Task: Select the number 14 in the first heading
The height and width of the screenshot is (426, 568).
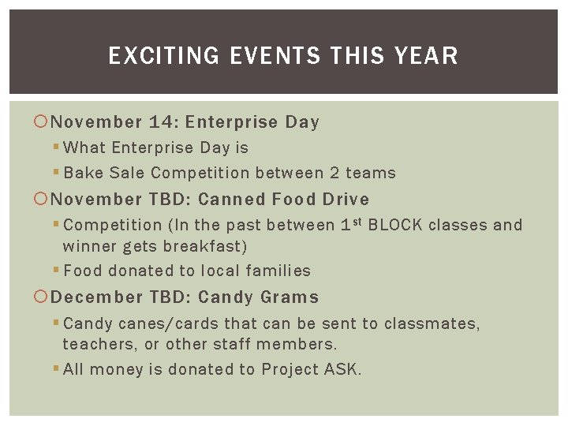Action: click(163, 122)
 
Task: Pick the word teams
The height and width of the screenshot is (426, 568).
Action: click(372, 173)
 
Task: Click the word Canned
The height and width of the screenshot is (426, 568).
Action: click(231, 199)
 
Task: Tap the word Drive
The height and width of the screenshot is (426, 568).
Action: click(345, 199)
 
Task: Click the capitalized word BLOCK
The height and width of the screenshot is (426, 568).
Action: click(399, 225)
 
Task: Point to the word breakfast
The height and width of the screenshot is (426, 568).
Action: click(208, 246)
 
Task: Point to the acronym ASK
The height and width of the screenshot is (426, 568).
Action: click(342, 369)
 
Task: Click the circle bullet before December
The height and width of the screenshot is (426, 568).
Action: click(42, 297)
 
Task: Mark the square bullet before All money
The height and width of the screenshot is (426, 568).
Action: click(57, 369)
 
